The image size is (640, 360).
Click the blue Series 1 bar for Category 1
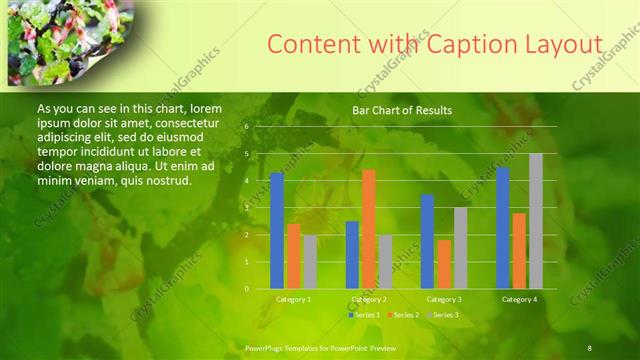(x=277, y=231)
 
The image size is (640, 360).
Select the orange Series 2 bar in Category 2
(x=369, y=229)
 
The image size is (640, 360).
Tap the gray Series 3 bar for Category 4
(x=536, y=221)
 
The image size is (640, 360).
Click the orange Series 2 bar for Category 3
(x=444, y=264)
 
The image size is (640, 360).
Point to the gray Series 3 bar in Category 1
(x=310, y=262)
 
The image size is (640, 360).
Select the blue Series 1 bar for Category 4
(x=503, y=228)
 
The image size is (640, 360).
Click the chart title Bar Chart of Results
(x=402, y=110)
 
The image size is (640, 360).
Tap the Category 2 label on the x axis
(x=369, y=299)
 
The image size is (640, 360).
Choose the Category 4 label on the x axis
(x=519, y=299)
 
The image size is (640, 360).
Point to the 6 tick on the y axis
(x=246, y=127)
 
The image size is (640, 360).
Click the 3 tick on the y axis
(x=246, y=208)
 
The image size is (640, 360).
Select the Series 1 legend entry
(x=364, y=315)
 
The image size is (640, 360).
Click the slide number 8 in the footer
(x=590, y=348)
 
